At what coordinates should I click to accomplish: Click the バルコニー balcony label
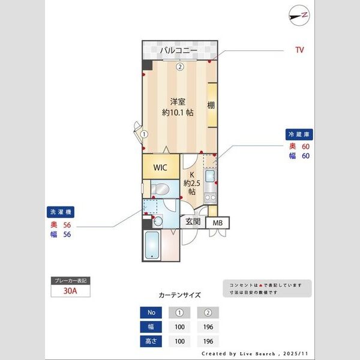[x=178, y=51]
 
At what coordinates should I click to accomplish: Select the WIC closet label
[x=160, y=167]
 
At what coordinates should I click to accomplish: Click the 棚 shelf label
[x=211, y=106]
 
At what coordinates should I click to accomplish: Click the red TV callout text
[x=299, y=50]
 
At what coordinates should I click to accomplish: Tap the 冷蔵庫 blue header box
[x=301, y=135]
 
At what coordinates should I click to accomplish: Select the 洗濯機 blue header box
[x=62, y=212]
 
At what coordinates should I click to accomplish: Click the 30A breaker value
[x=71, y=292]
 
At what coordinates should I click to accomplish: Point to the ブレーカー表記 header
[x=71, y=281]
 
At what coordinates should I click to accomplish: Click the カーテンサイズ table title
[x=179, y=295]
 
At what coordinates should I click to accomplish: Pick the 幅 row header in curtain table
[x=151, y=326]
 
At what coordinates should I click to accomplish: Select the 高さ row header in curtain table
[x=151, y=341]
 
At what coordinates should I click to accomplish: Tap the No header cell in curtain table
[x=151, y=312]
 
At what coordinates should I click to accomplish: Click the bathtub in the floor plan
[x=152, y=246]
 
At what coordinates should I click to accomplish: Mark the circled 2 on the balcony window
[x=179, y=67]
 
